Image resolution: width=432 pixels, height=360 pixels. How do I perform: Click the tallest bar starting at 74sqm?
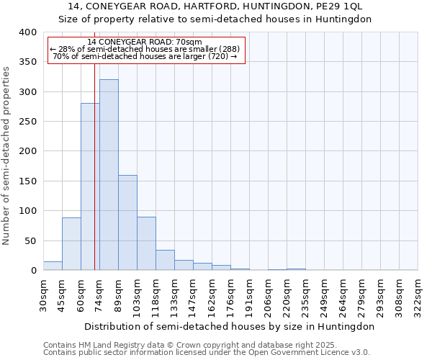pos(109,175)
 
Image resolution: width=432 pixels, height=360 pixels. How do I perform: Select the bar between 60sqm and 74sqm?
pos(90,187)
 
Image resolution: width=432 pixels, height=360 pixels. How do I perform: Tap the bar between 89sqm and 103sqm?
pos(127,223)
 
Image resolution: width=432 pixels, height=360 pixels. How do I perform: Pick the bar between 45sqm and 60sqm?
pos(71,244)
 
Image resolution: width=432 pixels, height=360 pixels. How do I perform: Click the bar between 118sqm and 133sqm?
pos(165,261)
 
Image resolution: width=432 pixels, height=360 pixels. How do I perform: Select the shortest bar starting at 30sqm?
pos(53,266)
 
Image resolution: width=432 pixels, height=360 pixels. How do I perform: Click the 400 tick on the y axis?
pos(27,32)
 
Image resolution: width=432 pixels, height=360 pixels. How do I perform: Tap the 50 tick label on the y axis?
pos(30,240)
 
